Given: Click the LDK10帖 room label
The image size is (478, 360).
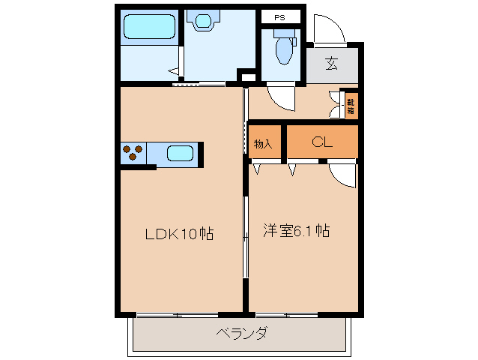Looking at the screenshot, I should point(179,234).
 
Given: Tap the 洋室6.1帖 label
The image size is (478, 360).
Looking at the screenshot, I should point(296,231).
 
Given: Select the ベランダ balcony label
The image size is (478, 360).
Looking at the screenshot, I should point(241,333).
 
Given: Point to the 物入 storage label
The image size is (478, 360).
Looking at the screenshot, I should point(263,143).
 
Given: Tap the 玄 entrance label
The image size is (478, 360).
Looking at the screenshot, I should point(330,63).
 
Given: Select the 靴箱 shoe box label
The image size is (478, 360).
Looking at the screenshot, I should point(350,103).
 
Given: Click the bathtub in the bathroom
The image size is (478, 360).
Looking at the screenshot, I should point(150,28).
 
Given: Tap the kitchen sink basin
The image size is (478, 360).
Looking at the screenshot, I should point(180,154).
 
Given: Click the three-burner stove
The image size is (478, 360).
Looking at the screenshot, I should point(134,153).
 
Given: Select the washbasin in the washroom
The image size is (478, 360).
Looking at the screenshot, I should point(201,22).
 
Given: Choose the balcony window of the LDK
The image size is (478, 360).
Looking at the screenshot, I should point(176,313).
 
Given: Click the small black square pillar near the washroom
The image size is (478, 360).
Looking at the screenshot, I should point(243,75).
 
